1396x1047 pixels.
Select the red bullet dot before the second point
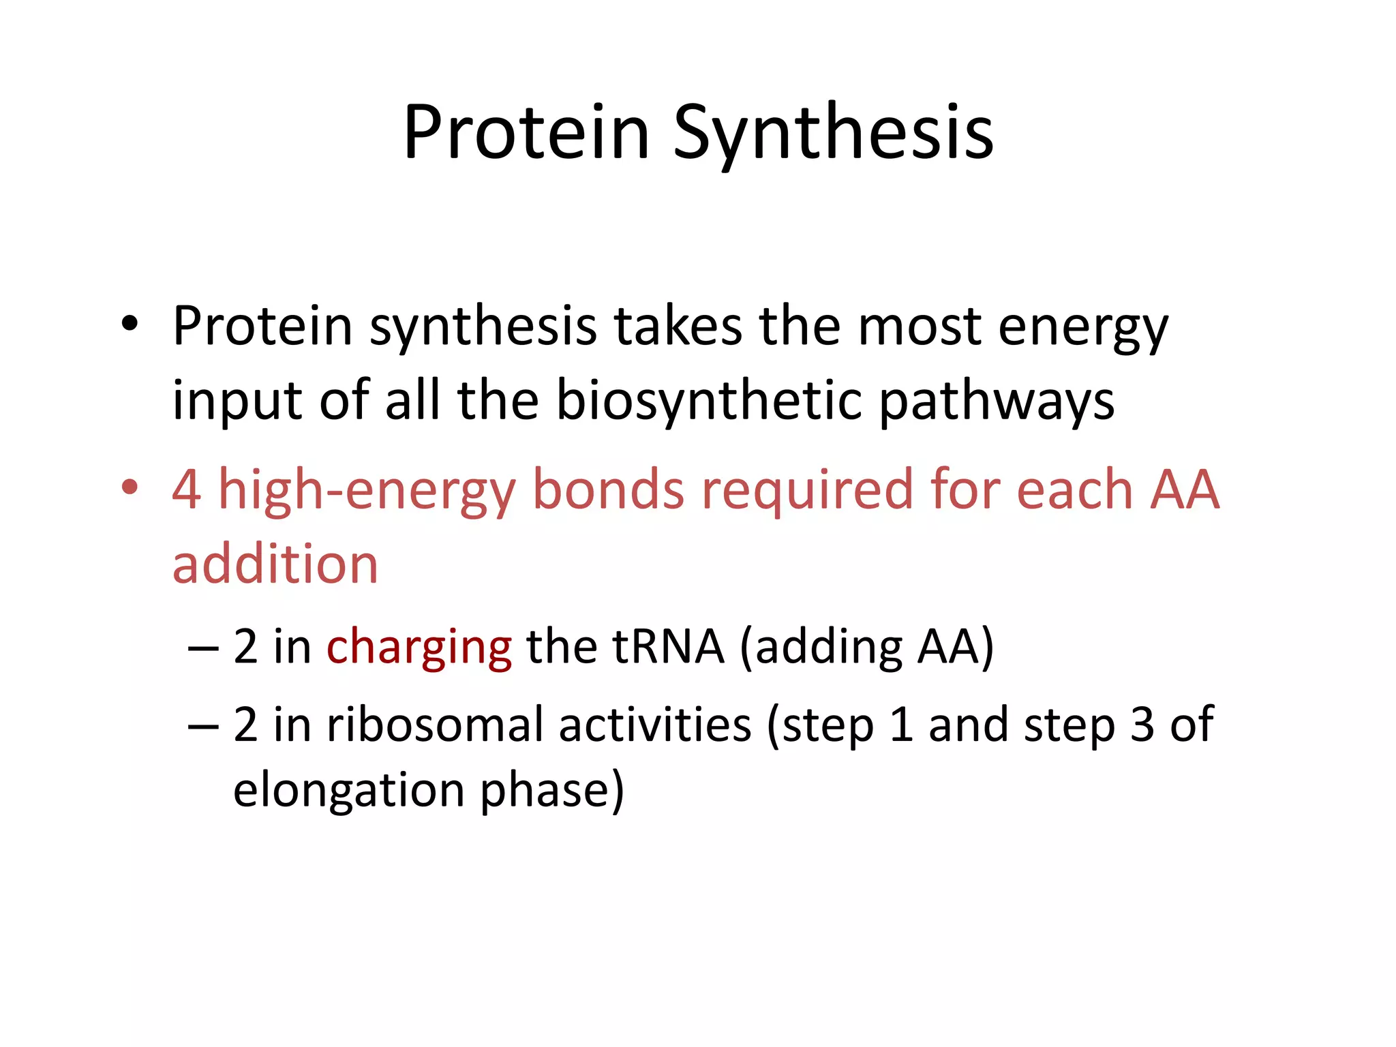(x=130, y=487)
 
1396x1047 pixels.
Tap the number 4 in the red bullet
(x=187, y=489)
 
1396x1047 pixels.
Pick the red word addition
(x=275, y=564)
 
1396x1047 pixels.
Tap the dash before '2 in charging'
(x=203, y=648)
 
